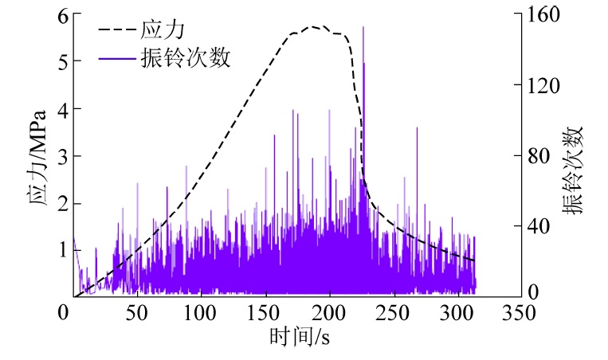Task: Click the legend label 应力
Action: coord(168,31)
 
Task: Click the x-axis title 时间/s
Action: coord(299,338)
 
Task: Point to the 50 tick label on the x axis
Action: coord(137,312)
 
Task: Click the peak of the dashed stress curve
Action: coord(312,27)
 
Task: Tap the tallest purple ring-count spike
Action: coord(363,28)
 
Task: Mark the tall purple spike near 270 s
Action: coord(417,129)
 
